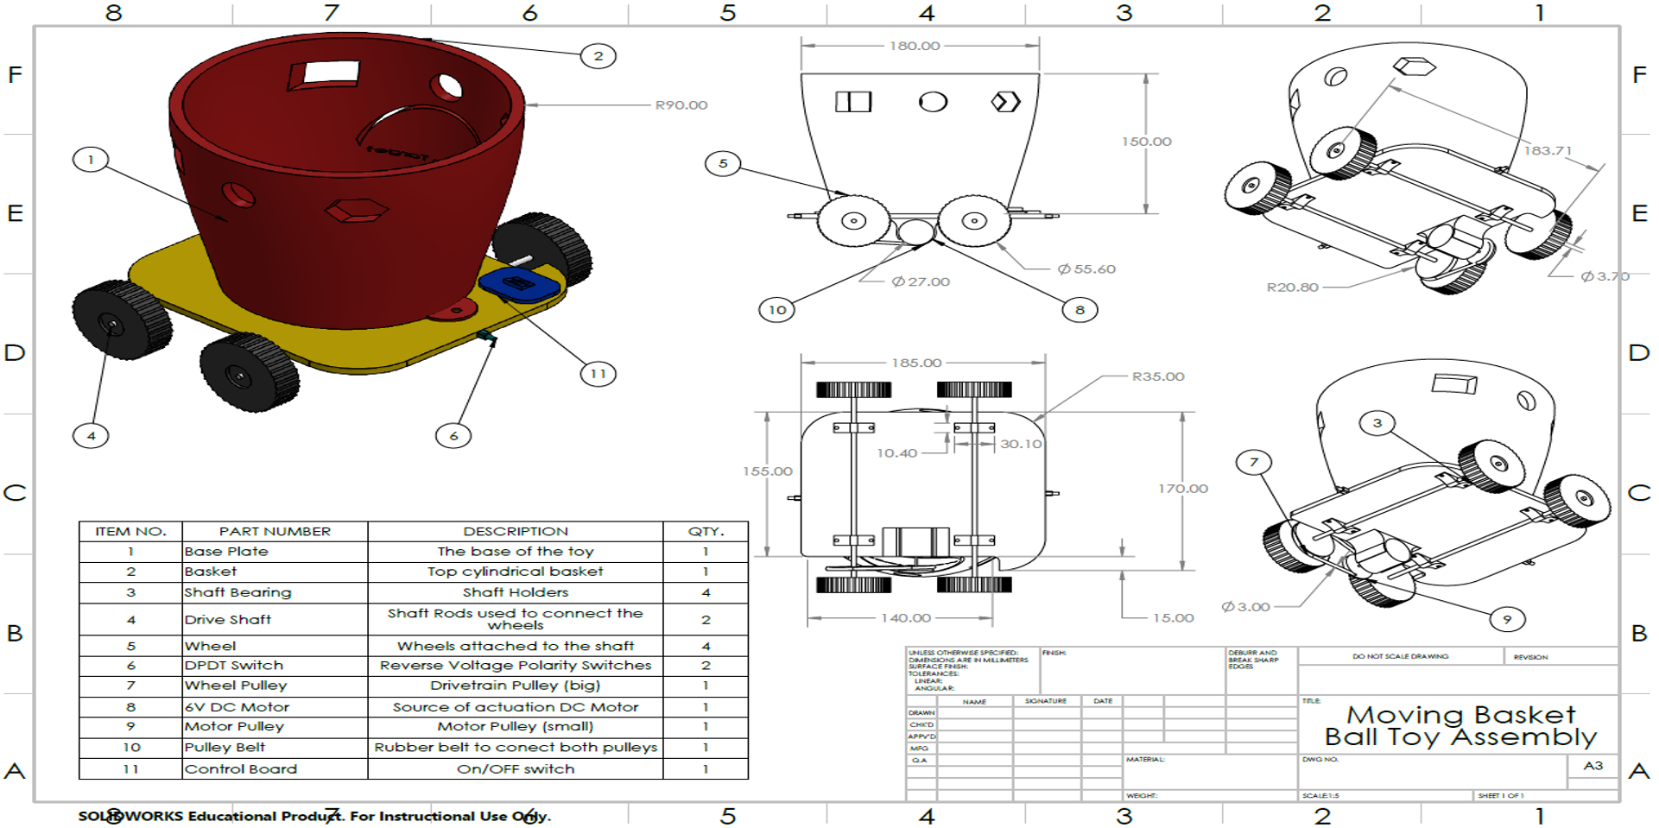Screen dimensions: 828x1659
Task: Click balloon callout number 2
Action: [x=598, y=57]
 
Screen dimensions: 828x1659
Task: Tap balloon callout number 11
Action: [x=598, y=374]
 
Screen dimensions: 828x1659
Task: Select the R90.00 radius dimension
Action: [x=681, y=105]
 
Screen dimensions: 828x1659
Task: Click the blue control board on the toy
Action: [x=519, y=284]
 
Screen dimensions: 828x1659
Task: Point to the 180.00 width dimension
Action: [x=915, y=46]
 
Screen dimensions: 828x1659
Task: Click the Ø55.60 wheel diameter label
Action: [x=1086, y=269]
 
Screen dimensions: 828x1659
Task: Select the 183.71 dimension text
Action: [x=1547, y=150]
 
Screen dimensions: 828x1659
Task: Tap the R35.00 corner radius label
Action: [x=1157, y=376]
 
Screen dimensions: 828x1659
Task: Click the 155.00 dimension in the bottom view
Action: [x=767, y=471]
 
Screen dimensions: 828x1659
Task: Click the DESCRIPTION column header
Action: [x=516, y=531]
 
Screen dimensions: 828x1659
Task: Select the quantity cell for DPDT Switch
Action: [x=706, y=666]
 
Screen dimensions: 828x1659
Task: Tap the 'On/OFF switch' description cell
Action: [x=516, y=769]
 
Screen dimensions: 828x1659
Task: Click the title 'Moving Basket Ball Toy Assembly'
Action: [x=1460, y=726]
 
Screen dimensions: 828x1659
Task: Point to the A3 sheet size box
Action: [x=1593, y=766]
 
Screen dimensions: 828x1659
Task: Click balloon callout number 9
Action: [x=1507, y=619]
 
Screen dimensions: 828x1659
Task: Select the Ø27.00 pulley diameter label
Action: [x=921, y=281]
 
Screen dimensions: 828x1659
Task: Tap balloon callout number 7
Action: [x=1253, y=463]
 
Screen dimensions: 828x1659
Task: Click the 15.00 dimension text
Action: [x=1173, y=618]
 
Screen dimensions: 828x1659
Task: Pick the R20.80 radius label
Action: [x=1292, y=288]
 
